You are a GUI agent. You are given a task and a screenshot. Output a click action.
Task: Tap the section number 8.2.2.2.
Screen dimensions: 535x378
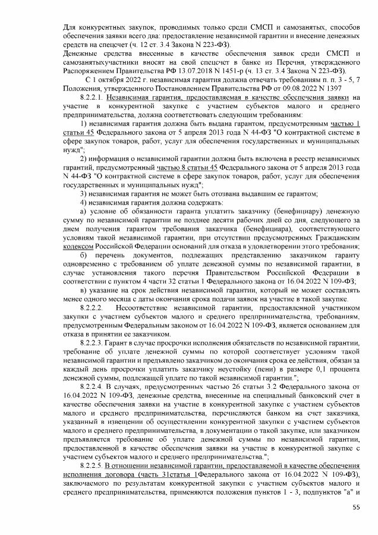point(92,309)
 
